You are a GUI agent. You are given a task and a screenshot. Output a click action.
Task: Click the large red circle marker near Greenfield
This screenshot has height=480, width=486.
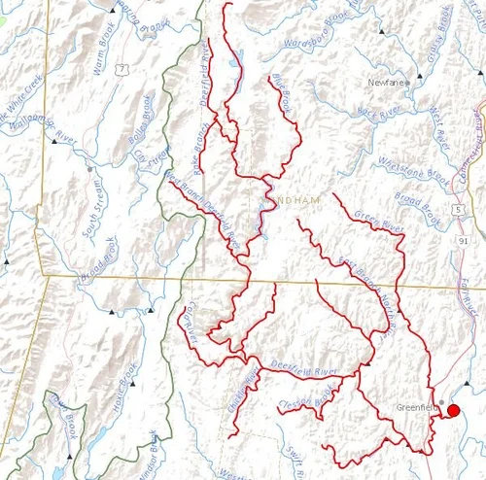[x=453, y=412]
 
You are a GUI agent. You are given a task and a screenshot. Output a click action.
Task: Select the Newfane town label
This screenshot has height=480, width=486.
[x=385, y=83]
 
